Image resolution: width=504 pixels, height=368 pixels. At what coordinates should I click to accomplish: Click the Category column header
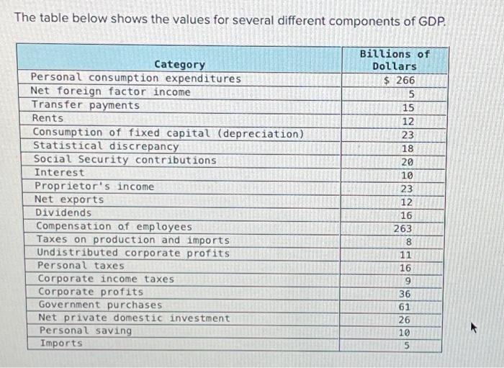[x=179, y=64]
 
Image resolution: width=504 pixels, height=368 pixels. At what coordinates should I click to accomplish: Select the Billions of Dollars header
[x=394, y=60]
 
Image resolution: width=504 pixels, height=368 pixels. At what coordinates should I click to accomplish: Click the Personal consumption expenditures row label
[x=136, y=78]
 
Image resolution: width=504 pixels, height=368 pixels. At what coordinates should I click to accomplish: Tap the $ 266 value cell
[x=400, y=81]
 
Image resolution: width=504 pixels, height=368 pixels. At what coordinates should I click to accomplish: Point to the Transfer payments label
[x=86, y=105]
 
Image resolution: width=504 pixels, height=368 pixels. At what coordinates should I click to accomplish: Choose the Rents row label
[x=48, y=118]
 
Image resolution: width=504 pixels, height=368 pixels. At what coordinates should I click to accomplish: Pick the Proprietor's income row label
[x=94, y=187]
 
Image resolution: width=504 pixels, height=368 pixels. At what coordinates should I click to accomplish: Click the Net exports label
[x=69, y=199]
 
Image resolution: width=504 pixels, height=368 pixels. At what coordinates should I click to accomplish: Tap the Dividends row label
[x=63, y=213]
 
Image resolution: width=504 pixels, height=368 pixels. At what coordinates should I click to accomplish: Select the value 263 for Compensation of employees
[x=402, y=228]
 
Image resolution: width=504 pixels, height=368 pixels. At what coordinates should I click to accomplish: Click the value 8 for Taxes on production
[x=408, y=242]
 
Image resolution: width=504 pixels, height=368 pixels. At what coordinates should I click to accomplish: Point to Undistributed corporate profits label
[x=133, y=253]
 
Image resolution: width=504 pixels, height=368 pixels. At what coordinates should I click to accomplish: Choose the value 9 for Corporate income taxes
[x=408, y=280]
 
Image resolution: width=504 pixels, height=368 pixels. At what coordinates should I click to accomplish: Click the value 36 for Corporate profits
[x=405, y=294]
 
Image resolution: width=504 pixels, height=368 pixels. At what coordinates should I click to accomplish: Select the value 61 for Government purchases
[x=405, y=307]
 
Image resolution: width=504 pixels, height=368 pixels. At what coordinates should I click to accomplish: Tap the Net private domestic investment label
[x=134, y=318]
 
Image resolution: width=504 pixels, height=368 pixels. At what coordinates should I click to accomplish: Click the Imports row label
[x=61, y=344]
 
